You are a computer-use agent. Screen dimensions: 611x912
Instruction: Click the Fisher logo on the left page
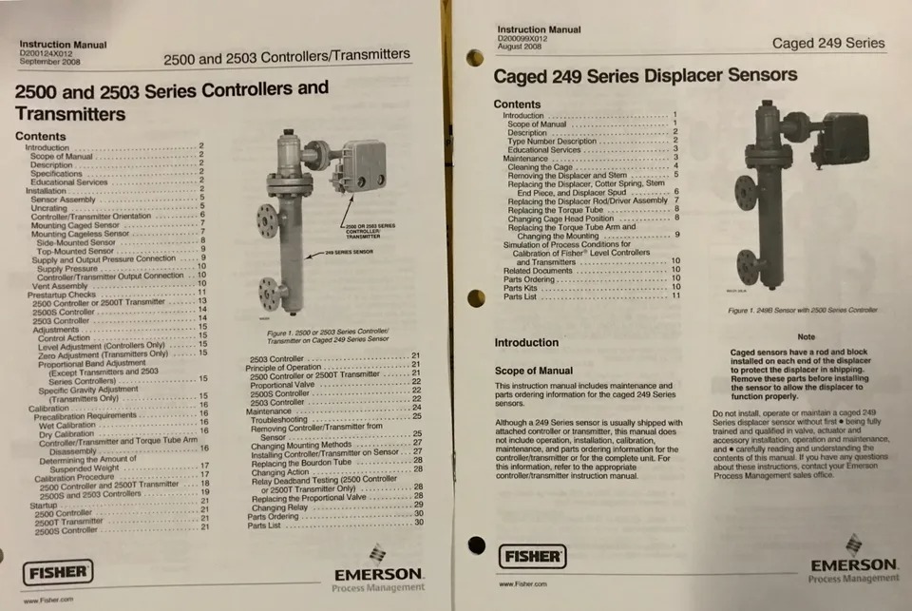pyautogui.click(x=59, y=573)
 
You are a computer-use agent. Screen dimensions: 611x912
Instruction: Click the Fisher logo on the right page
pyautogui.click(x=532, y=555)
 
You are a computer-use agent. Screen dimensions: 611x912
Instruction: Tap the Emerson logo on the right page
pyautogui.click(x=853, y=563)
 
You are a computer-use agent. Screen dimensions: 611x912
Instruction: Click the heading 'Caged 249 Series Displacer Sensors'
pyautogui.click(x=645, y=76)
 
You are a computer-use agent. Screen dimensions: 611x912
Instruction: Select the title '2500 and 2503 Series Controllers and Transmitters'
pyautogui.click(x=171, y=101)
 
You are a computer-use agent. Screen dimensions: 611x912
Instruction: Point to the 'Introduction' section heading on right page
pyautogui.click(x=526, y=342)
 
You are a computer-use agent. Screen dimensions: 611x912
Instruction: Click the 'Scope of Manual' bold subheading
pyautogui.click(x=534, y=371)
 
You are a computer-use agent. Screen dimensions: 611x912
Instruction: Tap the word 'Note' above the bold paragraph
pyautogui.click(x=806, y=336)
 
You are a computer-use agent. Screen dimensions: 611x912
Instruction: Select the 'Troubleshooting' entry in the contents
pyautogui.click(x=286, y=419)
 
